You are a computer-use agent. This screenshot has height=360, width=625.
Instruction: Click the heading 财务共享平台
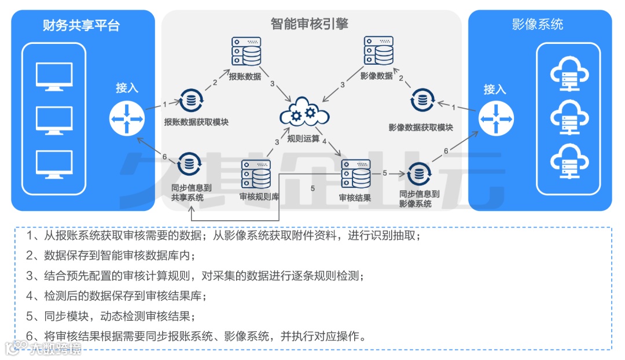81,25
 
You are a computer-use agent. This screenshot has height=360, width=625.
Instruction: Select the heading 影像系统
538,24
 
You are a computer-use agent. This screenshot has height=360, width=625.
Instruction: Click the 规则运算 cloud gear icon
304,115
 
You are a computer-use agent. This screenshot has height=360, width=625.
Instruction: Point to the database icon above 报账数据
245,51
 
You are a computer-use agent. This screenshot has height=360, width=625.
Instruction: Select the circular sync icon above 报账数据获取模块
189,101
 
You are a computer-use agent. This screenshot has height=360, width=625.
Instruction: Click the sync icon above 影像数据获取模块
422,101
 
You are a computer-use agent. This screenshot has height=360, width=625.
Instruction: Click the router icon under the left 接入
126,118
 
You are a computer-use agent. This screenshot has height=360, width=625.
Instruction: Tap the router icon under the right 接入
496,118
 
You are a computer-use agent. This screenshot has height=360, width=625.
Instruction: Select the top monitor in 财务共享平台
54,76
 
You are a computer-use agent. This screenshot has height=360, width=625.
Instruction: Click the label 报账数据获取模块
196,122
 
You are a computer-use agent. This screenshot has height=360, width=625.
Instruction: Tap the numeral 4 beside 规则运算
325,141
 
